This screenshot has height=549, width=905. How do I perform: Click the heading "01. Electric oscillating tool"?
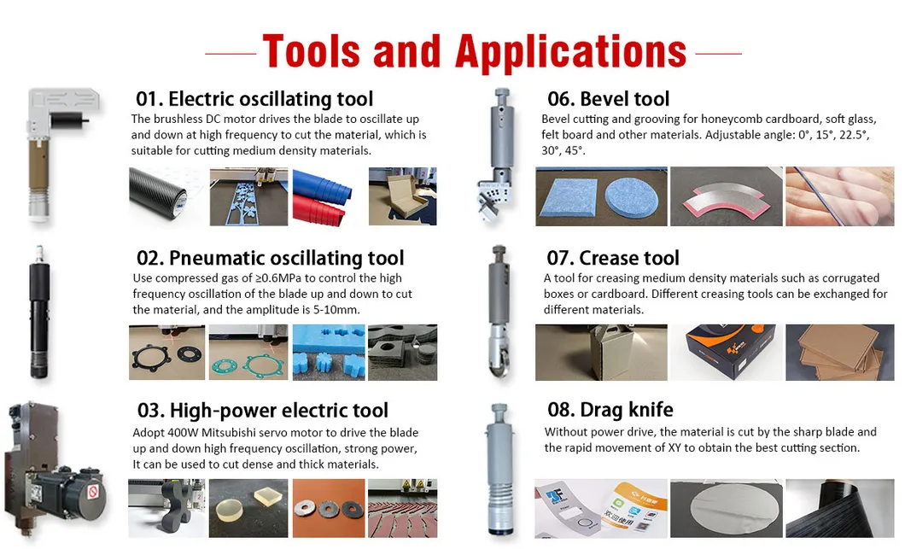[x=254, y=99]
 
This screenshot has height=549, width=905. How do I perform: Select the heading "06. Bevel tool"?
[x=608, y=99]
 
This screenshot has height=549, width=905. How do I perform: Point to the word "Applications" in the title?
[x=570, y=52]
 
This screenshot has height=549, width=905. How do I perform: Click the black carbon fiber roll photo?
[x=166, y=196]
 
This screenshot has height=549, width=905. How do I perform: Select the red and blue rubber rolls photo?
[x=326, y=196]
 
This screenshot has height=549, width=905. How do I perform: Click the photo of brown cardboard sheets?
[x=827, y=352]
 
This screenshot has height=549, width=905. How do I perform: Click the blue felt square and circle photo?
[x=599, y=196]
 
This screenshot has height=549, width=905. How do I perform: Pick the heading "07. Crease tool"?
[x=612, y=258]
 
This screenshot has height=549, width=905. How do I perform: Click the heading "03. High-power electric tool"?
[x=262, y=411]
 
